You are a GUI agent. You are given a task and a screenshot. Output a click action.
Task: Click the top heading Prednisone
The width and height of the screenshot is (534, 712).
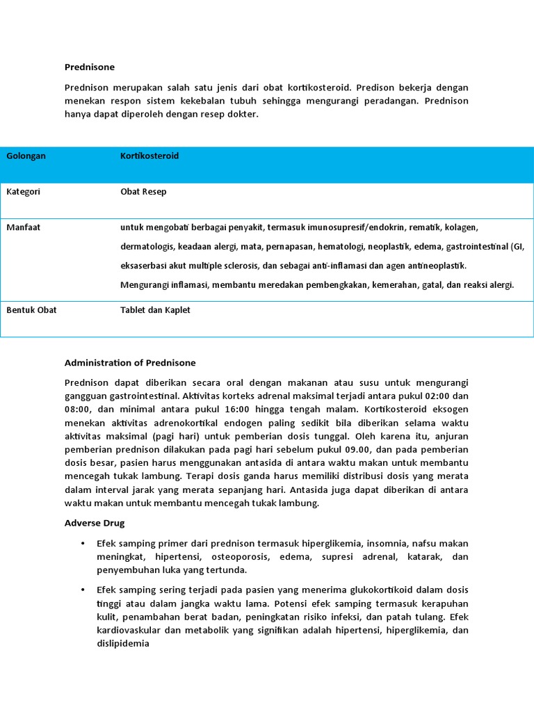pos(89,67)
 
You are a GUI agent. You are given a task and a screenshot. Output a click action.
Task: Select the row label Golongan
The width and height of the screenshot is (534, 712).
pos(26,156)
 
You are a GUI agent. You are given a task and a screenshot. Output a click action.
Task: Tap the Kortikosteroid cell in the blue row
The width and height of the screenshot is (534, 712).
pos(149,156)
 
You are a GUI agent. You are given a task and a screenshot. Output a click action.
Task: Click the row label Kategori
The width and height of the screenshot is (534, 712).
pos(23,191)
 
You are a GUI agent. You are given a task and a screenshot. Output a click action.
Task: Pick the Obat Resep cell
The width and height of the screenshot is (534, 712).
pos(143,191)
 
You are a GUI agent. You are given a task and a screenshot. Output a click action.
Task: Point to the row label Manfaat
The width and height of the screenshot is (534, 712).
pos(23,227)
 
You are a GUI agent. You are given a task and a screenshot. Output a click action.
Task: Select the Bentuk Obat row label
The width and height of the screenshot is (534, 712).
pos(31,310)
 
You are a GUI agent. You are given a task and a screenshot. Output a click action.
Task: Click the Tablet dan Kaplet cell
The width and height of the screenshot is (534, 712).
pos(155,310)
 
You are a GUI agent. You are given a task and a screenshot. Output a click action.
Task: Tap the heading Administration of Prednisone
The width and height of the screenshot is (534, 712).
pos(130,363)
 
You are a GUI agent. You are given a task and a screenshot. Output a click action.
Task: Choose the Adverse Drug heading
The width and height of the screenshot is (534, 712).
pos(95,523)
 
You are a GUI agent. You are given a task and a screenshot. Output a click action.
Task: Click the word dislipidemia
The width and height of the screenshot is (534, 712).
pos(123,644)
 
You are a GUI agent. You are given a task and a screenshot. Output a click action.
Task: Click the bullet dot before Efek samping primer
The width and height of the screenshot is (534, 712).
pos(83,543)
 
